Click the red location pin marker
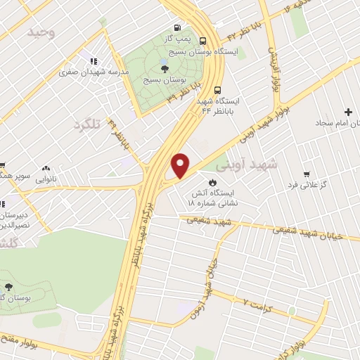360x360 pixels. tap(181, 165)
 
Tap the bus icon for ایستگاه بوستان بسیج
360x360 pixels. tap(203, 41)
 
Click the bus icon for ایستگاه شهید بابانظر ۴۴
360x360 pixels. tap(218, 89)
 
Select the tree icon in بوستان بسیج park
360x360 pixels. tap(165, 68)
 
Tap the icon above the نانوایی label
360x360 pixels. tap(46, 168)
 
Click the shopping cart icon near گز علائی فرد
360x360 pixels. tap(306, 174)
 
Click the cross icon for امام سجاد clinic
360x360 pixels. tap(347, 112)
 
